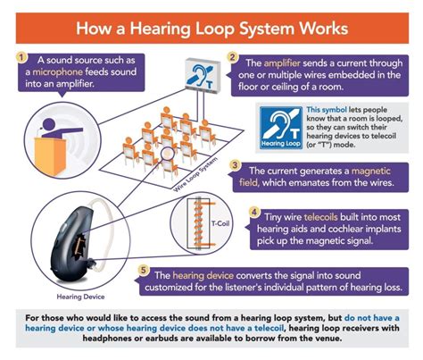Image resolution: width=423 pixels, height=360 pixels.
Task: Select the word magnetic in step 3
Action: tap(380, 171)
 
